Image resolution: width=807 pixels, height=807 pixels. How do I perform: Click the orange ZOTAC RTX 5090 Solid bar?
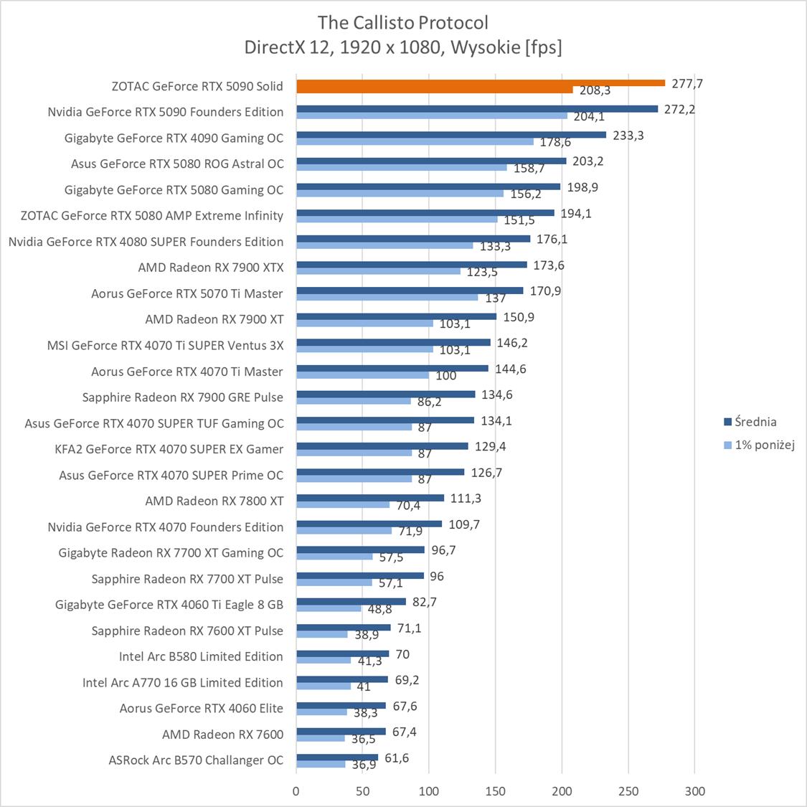click(481, 83)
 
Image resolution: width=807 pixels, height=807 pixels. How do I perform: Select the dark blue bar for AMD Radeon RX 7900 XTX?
click(412, 265)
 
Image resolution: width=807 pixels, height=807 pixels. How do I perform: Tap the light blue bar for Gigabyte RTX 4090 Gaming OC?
click(415, 141)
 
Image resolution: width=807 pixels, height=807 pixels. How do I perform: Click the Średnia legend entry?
click(750, 422)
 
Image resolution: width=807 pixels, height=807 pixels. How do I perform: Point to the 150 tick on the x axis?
click(496, 791)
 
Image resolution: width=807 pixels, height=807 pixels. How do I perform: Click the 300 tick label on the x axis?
click(694, 791)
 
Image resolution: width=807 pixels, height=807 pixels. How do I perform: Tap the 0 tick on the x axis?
click(296, 791)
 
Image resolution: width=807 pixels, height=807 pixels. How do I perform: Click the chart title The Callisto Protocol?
click(403, 22)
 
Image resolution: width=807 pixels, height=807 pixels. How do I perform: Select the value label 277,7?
click(687, 84)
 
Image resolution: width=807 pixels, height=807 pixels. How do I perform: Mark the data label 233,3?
click(628, 136)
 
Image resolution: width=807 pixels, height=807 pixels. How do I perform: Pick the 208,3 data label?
click(595, 91)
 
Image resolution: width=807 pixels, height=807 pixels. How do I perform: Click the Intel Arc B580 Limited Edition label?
click(201, 656)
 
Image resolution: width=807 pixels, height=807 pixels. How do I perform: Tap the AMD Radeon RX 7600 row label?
click(222, 734)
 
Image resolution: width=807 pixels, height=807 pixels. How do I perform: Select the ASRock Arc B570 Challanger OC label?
click(196, 760)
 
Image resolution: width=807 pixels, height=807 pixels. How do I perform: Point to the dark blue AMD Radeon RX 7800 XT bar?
click(370, 498)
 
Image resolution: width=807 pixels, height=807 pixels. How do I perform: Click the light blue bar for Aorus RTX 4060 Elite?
click(321, 712)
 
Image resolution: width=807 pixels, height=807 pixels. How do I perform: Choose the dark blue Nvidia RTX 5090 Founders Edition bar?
click(477, 109)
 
